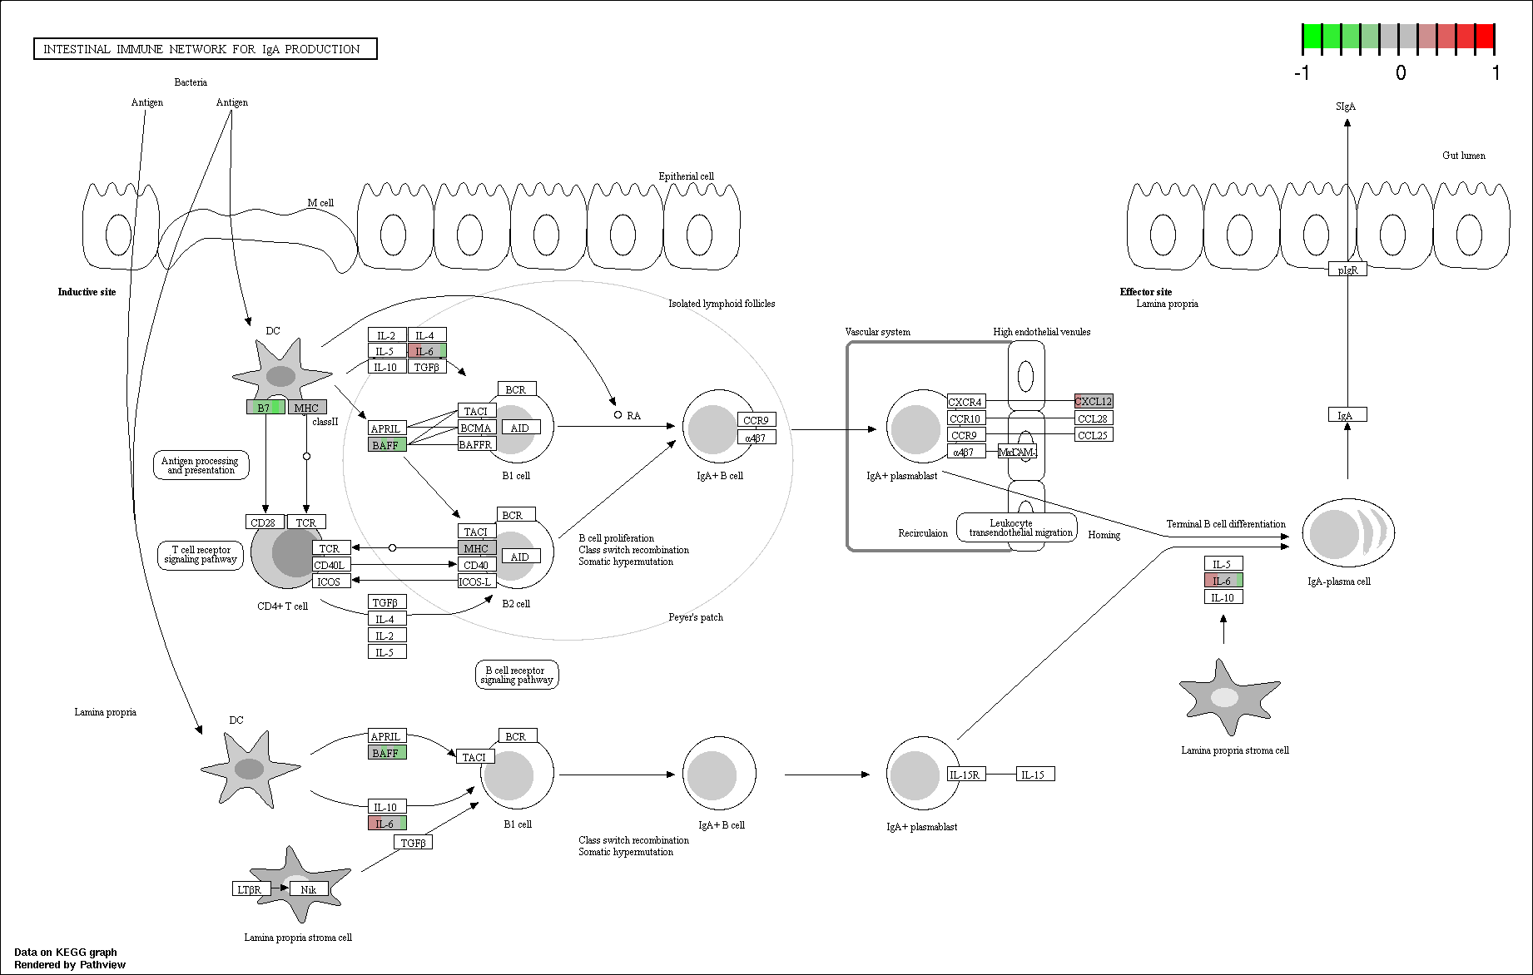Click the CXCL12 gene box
pos(1094,401)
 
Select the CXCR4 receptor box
pos(966,402)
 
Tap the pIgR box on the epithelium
pos(1347,270)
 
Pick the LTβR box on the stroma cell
pos(251,889)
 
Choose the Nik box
pos(309,889)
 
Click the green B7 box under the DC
pos(265,408)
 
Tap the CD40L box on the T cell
pos(331,565)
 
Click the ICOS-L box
pos(477,582)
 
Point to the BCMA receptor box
pos(477,428)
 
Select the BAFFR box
pos(477,444)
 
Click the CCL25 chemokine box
pos(1094,434)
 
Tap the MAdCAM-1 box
pos(1017,452)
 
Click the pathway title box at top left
pos(206,49)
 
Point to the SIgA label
pos(1346,106)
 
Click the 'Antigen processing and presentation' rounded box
pos(201,465)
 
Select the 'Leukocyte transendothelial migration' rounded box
pos(1017,527)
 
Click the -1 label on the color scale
pos(1302,73)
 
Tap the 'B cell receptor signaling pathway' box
pos(517,675)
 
